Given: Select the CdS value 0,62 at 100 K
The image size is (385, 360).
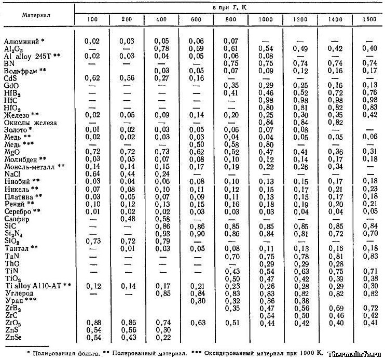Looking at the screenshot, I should [x=92, y=77].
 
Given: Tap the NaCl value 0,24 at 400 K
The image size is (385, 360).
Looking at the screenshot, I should [x=162, y=174].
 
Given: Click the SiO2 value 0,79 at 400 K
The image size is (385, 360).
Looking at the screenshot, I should [x=162, y=241].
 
